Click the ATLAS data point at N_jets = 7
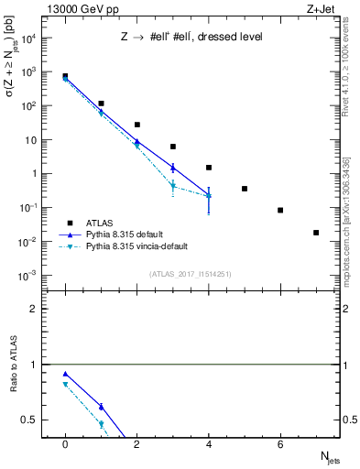(316, 233)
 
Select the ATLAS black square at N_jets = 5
(245, 189)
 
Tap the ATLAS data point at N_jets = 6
(280, 210)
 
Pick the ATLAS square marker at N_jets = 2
(136, 125)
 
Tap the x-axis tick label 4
(209, 444)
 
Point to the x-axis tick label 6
(280, 444)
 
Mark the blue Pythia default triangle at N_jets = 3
(172, 168)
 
